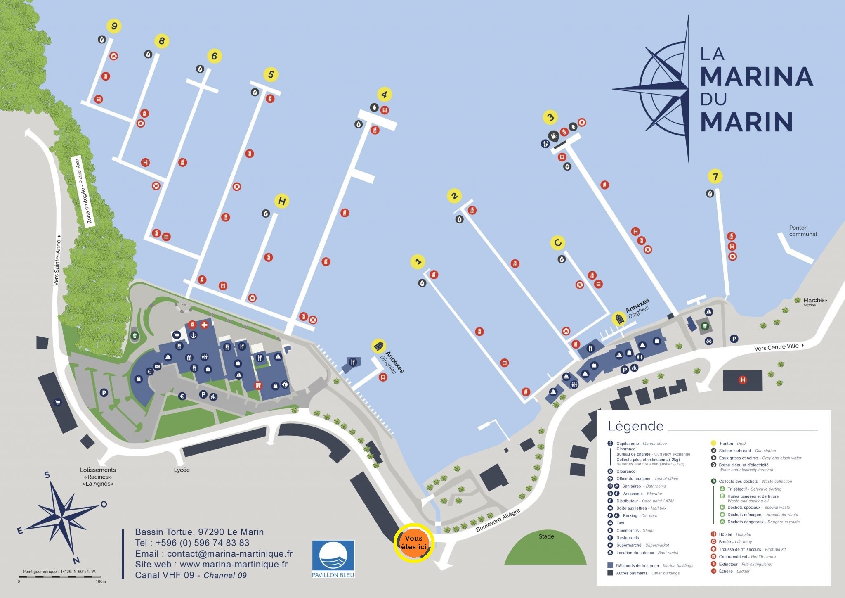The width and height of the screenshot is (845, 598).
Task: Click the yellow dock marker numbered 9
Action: (x=114, y=26)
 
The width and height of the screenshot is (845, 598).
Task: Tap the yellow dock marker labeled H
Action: (x=282, y=201)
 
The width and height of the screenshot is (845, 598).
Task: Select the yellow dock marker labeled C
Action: (x=558, y=243)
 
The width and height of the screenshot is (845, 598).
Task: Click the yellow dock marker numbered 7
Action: (x=715, y=177)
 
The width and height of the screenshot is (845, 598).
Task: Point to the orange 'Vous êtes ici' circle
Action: (x=414, y=543)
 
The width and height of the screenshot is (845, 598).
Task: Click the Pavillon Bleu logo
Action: (x=333, y=558)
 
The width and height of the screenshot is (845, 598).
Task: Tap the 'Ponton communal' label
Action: (x=803, y=231)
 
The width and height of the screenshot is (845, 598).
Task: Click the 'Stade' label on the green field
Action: (x=546, y=536)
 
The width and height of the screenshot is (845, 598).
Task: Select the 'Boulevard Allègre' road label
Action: (x=498, y=520)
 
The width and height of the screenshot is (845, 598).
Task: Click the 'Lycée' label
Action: (x=182, y=470)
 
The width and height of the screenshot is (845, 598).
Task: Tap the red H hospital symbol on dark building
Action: (x=743, y=380)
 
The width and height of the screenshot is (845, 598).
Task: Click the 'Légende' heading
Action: (x=635, y=426)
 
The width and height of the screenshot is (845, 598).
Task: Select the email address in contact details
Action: (x=214, y=554)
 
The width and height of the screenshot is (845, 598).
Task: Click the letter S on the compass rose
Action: (x=47, y=475)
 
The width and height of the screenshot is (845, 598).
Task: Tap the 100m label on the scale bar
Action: (x=101, y=581)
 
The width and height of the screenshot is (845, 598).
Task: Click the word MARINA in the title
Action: (x=756, y=76)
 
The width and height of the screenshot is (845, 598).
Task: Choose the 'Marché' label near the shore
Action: (x=813, y=300)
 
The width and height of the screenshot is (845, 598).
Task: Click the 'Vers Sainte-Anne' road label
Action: (x=57, y=263)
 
